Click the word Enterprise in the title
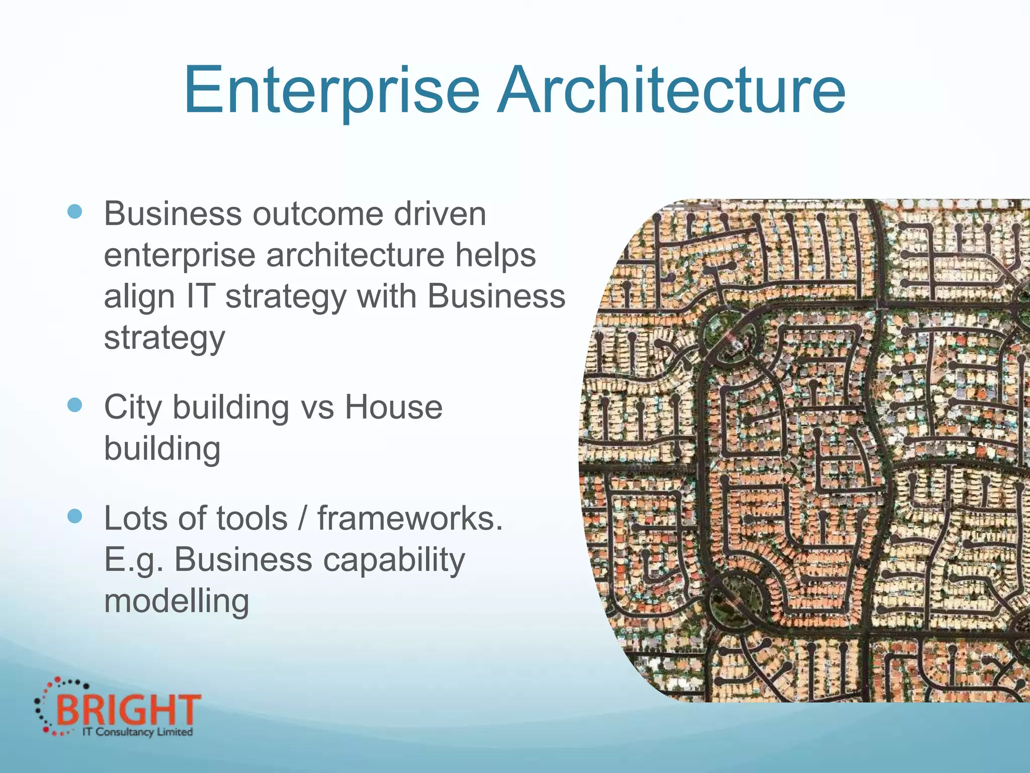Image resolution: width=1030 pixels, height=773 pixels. pos(331,91)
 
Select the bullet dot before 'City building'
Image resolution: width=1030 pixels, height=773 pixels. pos(74,405)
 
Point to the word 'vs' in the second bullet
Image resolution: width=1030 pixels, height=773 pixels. pos(317,408)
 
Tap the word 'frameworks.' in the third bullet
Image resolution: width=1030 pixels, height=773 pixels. pos(410,518)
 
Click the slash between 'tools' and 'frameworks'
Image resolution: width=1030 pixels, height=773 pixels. pos(302,518)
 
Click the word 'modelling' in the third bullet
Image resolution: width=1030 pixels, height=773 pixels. pos(177,602)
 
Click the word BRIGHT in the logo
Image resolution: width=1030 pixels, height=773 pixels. pos(128,710)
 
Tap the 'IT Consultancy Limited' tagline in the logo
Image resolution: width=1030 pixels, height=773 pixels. pos(137,732)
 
